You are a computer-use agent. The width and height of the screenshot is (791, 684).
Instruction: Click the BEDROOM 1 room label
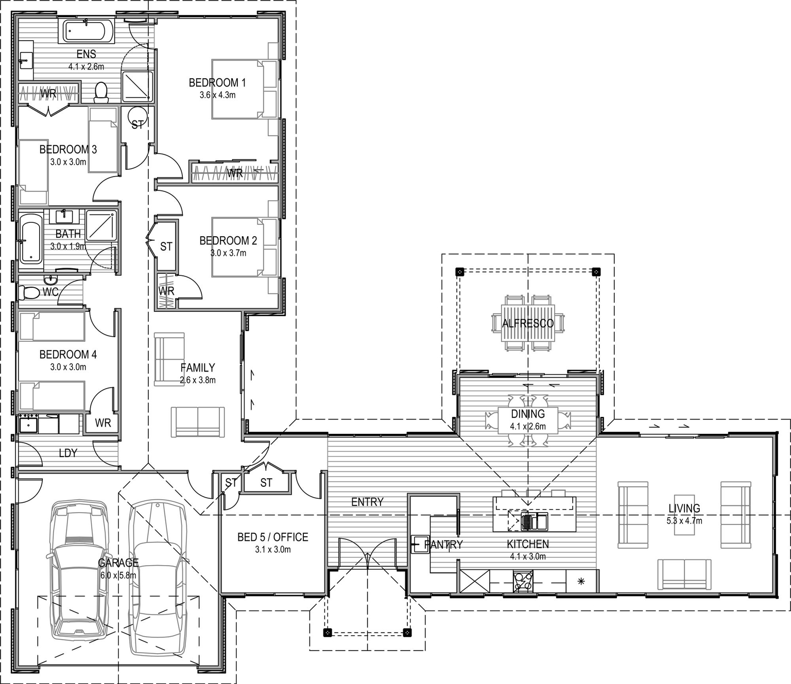(x=217, y=82)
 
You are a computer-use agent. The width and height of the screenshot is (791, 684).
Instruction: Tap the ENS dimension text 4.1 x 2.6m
(x=86, y=66)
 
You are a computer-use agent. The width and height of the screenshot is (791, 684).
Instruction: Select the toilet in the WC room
(x=29, y=293)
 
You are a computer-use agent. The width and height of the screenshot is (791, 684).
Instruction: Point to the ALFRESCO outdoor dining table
(x=528, y=323)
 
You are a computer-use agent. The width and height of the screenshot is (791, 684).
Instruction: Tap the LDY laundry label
(x=68, y=453)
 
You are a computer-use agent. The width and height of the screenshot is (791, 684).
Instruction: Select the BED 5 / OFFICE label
(x=272, y=537)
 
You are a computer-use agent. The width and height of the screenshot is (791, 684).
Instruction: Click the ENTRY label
(x=367, y=502)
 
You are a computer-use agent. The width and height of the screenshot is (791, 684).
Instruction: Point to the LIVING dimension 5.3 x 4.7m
(x=684, y=520)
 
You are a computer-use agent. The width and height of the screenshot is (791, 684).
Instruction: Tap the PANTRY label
(x=443, y=544)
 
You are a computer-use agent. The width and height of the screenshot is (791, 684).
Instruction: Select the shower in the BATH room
(x=101, y=225)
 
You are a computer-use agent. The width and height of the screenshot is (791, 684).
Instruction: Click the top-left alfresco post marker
(x=460, y=271)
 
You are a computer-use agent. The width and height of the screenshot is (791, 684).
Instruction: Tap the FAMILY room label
(x=198, y=367)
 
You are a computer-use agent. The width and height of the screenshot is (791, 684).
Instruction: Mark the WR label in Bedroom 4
(x=102, y=423)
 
